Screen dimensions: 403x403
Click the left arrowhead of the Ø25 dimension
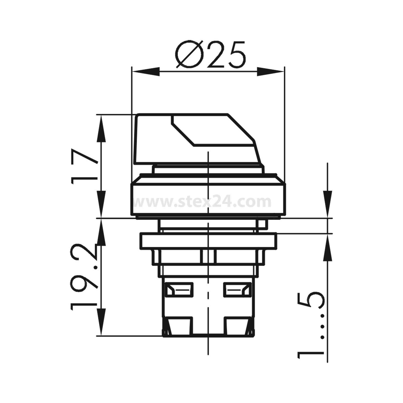point(145,72)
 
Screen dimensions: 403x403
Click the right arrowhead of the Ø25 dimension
point(270,72)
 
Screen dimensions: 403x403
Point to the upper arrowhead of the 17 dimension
point(101,128)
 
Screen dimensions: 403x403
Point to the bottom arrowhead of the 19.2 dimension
point(101,322)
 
